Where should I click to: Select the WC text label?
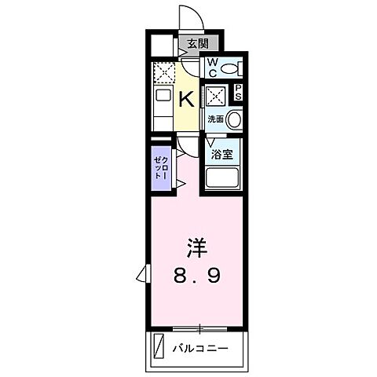(210, 69)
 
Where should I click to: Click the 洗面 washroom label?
(214, 119)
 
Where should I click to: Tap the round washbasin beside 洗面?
(233, 119)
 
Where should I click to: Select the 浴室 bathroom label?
(222, 154)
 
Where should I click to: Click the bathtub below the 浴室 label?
(222, 179)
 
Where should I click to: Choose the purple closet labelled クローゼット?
(161, 167)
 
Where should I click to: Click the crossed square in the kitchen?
(163, 74)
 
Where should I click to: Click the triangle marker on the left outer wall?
(142, 273)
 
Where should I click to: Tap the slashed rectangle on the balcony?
(159, 346)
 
